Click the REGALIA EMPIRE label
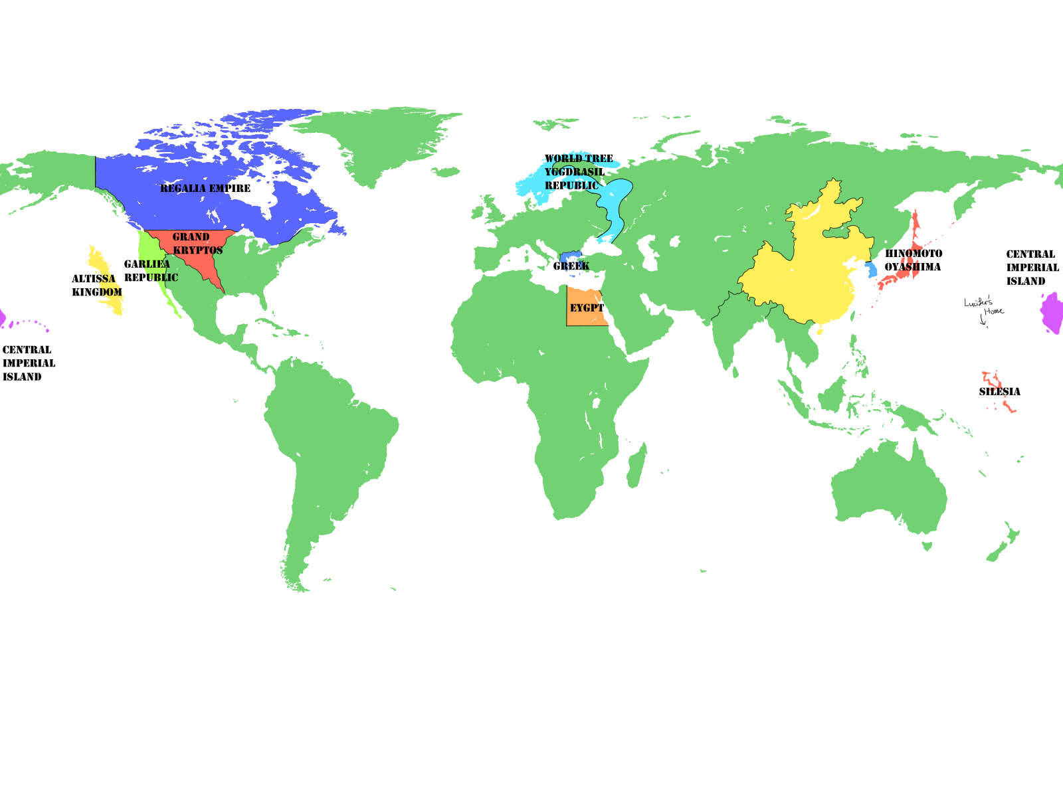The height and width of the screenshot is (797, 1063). coord(205,189)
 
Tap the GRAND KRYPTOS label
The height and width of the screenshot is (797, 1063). coord(197,244)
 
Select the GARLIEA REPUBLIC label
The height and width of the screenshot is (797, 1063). coord(151,271)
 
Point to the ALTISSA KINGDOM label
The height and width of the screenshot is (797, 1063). coord(97,286)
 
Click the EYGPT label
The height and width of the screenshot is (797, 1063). coord(587,308)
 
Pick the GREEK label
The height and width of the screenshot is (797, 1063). coord(571,266)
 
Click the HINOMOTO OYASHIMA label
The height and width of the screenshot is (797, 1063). coord(913,260)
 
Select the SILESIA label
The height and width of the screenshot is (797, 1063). coord(999,392)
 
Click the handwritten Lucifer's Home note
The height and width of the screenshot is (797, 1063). coord(983,307)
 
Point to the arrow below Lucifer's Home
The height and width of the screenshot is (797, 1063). coord(983,321)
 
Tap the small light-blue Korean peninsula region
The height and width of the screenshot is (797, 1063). coord(871,270)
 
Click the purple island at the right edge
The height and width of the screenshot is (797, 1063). coord(1052,312)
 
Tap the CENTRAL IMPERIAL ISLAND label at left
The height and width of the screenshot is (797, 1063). coord(29,363)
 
